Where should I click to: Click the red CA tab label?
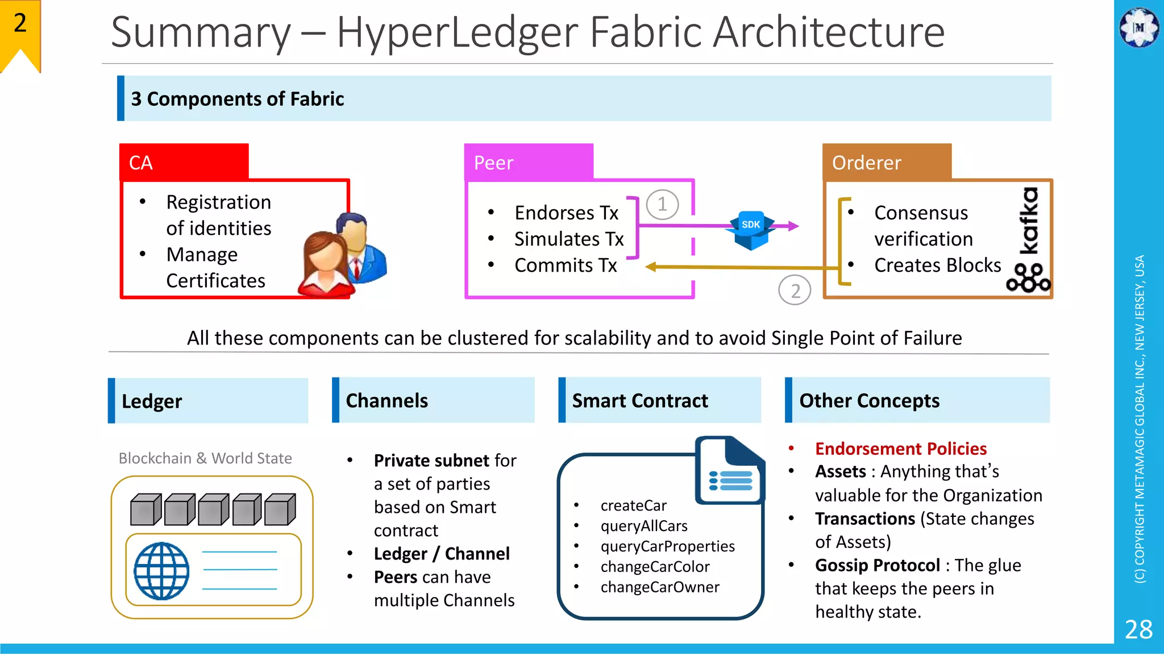141,163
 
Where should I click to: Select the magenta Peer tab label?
493,163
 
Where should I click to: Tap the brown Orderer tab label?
866,163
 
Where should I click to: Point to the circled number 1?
662,204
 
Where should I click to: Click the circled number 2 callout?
795,291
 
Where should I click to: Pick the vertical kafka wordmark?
1029,221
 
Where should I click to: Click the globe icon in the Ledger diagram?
161,571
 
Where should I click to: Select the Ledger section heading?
152,401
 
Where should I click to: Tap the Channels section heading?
386,400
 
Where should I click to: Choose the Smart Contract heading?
640,400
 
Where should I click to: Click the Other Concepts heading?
869,400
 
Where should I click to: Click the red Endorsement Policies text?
901,449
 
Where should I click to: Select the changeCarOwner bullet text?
660,587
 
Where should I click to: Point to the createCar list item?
633,505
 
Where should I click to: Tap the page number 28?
1138,629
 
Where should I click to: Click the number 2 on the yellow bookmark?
20,23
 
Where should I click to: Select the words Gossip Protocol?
877,565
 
